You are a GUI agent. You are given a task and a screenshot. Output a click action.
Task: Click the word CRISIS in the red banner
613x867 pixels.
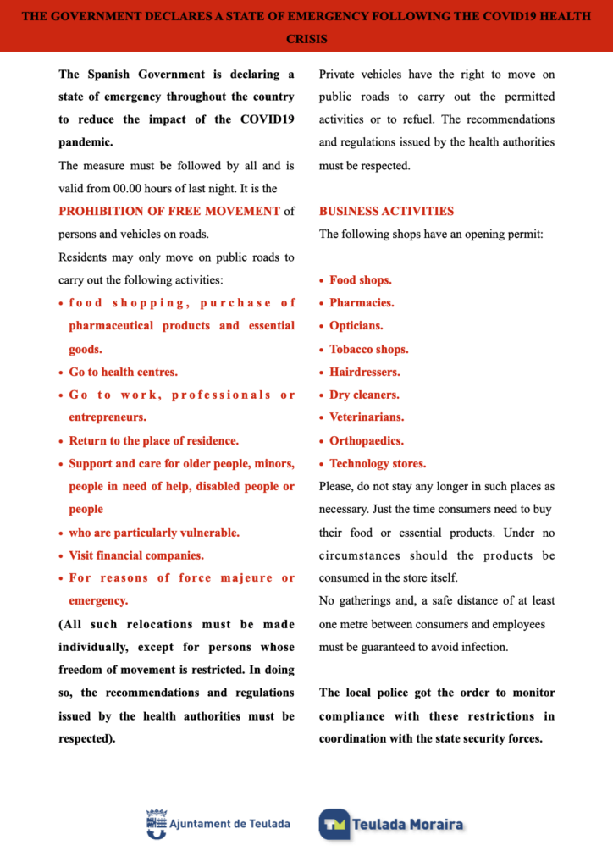point(306,39)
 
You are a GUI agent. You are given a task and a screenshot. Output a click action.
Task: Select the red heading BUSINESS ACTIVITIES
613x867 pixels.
point(386,211)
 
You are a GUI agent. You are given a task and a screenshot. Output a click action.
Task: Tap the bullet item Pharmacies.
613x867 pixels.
point(362,302)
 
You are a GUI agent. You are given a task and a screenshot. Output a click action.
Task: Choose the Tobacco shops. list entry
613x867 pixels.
point(368,349)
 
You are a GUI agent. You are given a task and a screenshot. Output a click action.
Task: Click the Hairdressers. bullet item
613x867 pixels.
point(364,372)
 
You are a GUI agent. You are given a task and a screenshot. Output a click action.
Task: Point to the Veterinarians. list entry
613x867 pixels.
point(367,417)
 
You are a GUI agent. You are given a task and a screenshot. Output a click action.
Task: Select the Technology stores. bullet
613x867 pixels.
point(378,463)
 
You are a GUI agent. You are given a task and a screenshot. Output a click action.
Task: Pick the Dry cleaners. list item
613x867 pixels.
point(364,395)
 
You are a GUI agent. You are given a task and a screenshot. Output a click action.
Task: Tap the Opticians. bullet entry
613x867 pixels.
point(356,325)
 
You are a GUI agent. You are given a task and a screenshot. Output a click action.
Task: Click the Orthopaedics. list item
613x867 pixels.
point(367,440)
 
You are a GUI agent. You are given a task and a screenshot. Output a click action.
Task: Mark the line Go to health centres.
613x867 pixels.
point(123,372)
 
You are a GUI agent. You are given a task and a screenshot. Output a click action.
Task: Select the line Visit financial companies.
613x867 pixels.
point(136,555)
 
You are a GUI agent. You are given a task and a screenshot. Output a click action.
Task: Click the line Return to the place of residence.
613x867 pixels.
point(153,440)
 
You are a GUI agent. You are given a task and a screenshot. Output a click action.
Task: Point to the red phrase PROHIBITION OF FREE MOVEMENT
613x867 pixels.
point(169,211)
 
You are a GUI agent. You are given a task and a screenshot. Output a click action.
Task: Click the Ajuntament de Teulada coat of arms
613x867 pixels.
point(157,823)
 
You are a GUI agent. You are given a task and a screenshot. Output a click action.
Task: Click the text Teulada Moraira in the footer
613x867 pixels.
point(407,824)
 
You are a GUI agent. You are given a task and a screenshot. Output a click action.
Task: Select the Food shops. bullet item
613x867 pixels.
point(360,279)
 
